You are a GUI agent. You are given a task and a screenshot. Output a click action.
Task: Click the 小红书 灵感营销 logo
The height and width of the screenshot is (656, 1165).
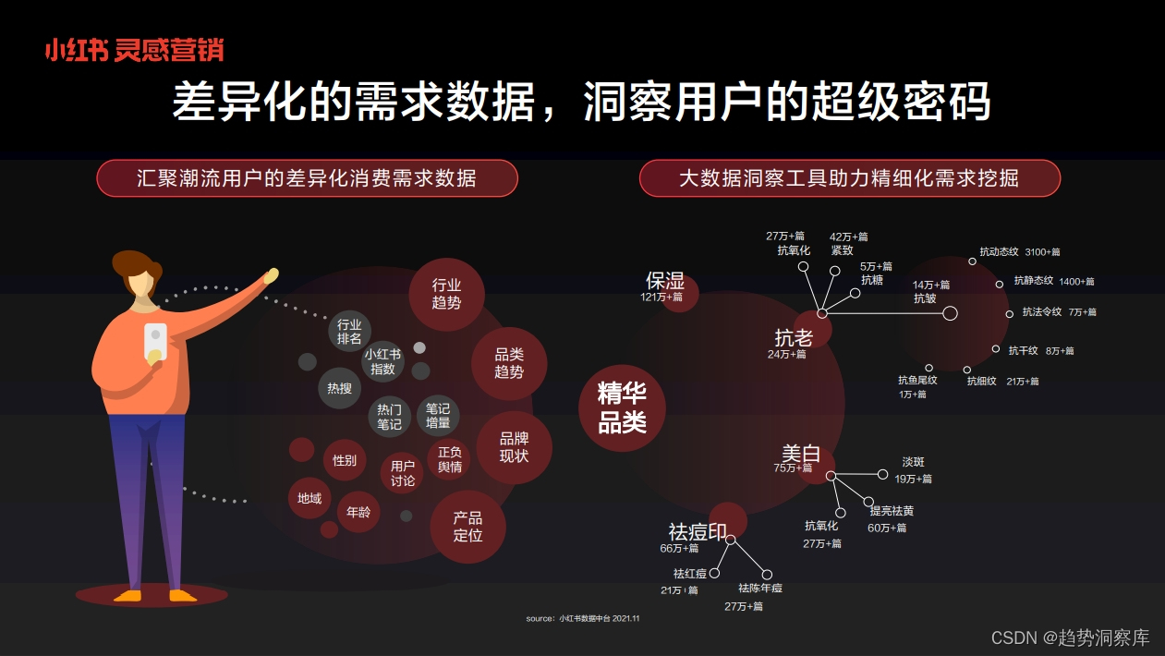pos(134,50)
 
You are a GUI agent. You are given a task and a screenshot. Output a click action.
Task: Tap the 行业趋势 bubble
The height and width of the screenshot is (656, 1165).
pos(446,294)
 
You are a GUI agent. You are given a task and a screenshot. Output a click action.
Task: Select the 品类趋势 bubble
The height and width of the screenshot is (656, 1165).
pos(509,363)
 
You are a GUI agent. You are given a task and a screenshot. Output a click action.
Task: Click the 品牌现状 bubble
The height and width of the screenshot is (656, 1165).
pos(514,447)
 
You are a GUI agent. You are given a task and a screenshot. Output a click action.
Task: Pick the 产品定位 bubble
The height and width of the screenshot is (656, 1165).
pos(467,527)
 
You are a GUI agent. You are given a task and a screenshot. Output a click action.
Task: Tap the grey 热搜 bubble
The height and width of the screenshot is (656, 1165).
pos(339,388)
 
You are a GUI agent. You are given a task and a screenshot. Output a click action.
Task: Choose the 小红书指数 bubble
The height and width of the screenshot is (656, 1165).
pos(382,361)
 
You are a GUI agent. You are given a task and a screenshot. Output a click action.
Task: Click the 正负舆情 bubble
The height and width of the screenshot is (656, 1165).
pos(450,459)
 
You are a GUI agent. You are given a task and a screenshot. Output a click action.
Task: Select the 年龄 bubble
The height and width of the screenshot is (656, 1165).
pos(358,511)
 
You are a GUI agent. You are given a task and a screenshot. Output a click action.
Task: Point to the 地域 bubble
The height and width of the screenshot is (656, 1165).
pos(309,498)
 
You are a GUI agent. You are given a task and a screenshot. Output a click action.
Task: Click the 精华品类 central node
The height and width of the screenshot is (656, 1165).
pos(622,407)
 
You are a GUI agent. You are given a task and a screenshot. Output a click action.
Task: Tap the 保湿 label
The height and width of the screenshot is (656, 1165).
pos(665,281)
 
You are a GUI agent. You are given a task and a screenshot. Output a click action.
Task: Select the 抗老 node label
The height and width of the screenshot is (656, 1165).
pos(794,337)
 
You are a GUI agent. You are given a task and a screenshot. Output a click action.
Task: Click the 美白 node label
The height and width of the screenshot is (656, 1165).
pos(800,454)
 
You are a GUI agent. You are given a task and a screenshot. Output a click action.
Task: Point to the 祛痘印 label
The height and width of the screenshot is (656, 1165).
pos(698,532)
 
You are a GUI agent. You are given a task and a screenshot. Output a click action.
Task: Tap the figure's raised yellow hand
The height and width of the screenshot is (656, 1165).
pos(271,275)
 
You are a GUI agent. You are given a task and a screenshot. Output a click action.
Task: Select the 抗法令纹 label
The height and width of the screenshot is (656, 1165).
pos(1041,312)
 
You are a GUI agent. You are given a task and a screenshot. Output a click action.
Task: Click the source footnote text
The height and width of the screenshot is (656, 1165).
pos(582,618)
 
